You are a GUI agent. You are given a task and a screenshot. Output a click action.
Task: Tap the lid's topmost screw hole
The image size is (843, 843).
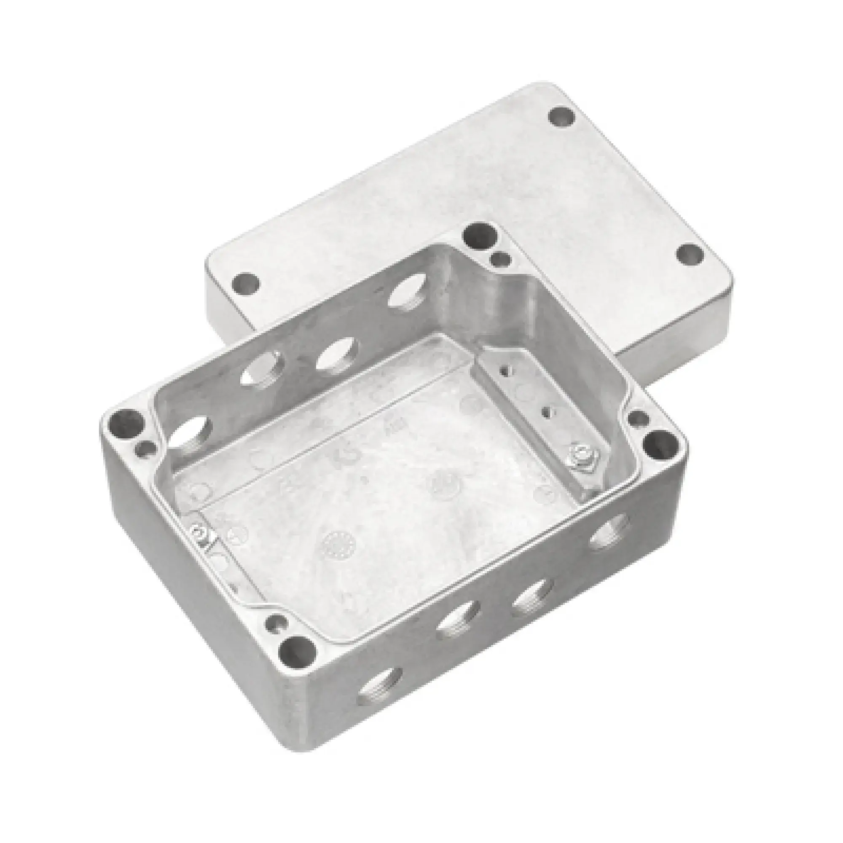[x=561, y=117]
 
